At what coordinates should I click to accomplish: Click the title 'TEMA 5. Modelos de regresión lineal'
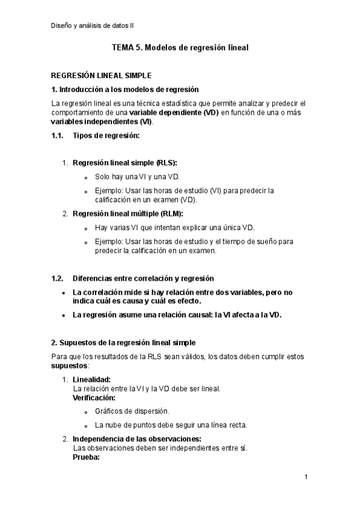click(180, 47)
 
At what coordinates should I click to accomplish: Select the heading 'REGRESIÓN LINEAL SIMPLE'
click(101, 76)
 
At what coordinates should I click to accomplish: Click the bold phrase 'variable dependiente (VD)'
click(174, 112)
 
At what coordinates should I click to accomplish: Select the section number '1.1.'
click(58, 135)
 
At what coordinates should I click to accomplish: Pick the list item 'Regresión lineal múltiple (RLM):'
click(128, 214)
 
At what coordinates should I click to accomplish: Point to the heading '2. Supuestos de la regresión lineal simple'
click(123, 342)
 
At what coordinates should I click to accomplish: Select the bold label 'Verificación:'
click(94, 398)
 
